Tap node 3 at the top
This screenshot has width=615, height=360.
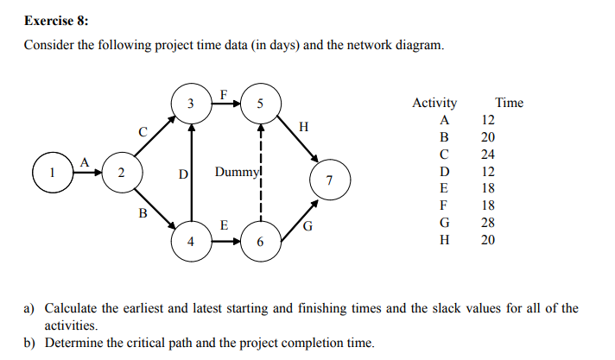[x=190, y=104]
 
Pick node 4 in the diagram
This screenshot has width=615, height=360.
[x=190, y=240]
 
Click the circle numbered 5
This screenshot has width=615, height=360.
[x=260, y=104]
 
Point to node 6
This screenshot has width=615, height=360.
[x=260, y=240]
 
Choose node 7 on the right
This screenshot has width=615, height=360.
[x=329, y=180]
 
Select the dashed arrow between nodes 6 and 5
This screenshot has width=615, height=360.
[x=260, y=173]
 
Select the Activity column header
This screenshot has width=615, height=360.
[x=434, y=103]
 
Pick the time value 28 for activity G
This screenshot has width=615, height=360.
[x=488, y=223]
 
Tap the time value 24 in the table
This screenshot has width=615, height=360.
[x=488, y=155]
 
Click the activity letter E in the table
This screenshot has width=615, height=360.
[x=444, y=188]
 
